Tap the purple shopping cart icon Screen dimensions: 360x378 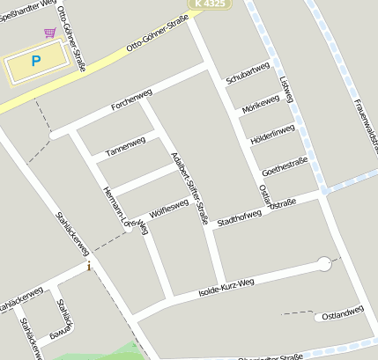tap(49, 33)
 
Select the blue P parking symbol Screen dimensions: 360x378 tap(35, 61)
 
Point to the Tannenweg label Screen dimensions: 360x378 tap(125, 147)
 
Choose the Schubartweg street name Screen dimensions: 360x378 tap(247, 74)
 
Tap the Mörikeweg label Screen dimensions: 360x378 tap(260, 104)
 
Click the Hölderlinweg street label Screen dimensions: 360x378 tap(272, 135)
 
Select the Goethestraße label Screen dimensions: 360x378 tap(285, 164)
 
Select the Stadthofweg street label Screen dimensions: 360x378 tap(240, 214)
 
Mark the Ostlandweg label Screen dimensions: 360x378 tap(343, 313)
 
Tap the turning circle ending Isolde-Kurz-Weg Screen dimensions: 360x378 tap(324, 263)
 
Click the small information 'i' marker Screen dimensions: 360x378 tap(88, 266)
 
